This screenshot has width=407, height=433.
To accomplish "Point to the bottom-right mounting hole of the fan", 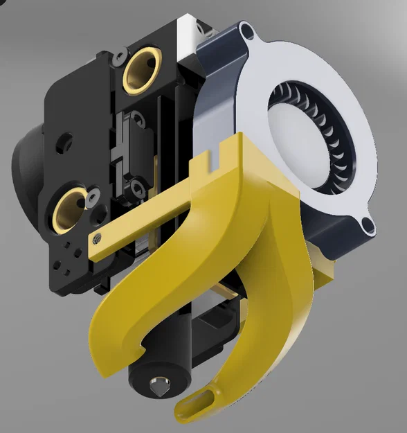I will pos(366,225).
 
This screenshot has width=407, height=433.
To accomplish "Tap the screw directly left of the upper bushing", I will pos(119,53).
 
